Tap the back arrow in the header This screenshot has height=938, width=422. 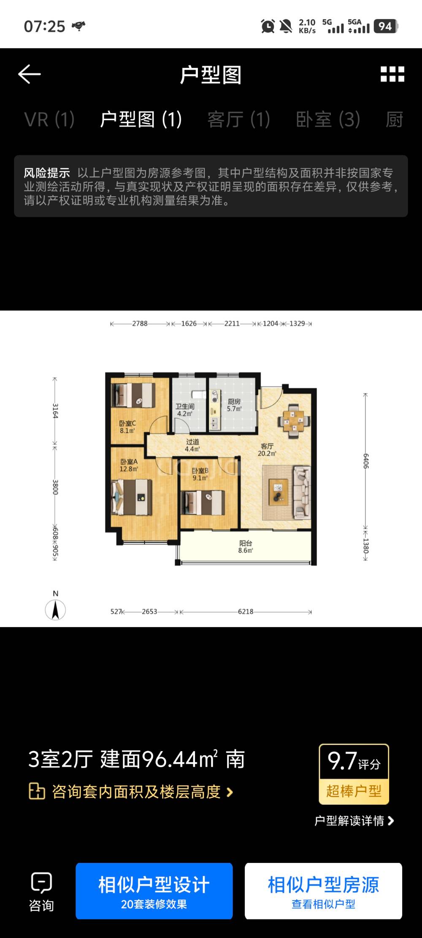(x=30, y=74)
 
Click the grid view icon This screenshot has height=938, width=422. (x=392, y=74)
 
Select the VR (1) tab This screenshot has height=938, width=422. (x=49, y=119)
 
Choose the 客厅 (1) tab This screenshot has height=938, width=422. (x=239, y=119)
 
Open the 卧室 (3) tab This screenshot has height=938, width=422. (x=328, y=119)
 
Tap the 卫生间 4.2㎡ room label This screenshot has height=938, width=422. (x=185, y=410)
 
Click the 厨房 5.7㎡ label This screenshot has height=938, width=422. (x=234, y=405)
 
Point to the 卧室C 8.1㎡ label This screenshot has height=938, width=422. (x=127, y=427)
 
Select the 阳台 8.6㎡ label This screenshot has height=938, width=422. (x=246, y=547)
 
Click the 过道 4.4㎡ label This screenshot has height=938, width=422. (x=192, y=445)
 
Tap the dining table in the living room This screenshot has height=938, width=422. (x=294, y=418)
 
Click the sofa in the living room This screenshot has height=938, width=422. (x=302, y=492)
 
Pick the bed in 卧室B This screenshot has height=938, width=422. (x=203, y=502)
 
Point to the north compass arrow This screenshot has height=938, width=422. (x=55, y=610)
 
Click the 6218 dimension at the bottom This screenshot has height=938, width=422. (x=246, y=611)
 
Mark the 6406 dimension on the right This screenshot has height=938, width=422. (x=366, y=461)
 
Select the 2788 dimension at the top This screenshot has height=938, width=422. (x=140, y=324)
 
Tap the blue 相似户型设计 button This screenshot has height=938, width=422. (x=154, y=891)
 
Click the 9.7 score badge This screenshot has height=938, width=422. (x=354, y=774)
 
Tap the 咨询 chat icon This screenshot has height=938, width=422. (x=41, y=883)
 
